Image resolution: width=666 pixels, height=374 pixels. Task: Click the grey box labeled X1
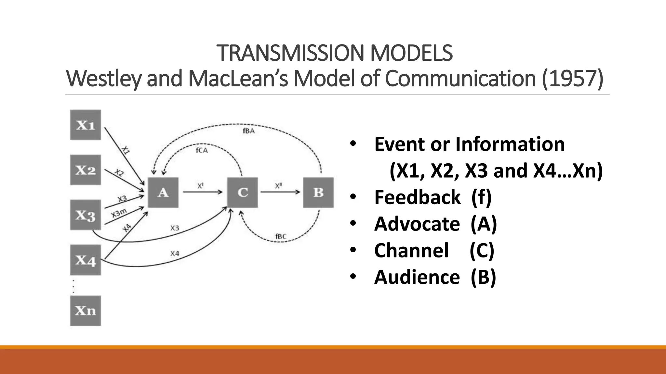click(x=86, y=125)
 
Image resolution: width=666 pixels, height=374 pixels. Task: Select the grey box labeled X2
click(x=86, y=170)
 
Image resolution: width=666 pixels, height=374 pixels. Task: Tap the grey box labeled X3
click(x=86, y=215)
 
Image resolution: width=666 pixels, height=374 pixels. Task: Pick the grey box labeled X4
click(x=86, y=260)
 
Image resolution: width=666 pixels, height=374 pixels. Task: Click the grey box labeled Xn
click(x=86, y=311)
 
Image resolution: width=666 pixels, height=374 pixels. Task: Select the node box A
click(x=163, y=192)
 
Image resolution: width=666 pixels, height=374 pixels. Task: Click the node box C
click(x=243, y=192)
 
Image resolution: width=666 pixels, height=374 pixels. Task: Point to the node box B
click(x=318, y=192)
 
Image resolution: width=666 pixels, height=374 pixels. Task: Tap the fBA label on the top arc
click(x=248, y=131)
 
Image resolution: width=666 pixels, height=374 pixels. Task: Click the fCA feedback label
click(x=202, y=150)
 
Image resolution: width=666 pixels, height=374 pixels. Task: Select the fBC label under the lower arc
click(x=281, y=236)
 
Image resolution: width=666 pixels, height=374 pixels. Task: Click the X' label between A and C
click(x=200, y=186)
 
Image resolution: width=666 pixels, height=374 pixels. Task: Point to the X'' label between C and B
click(x=279, y=186)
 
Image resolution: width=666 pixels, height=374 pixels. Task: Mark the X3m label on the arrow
click(x=119, y=213)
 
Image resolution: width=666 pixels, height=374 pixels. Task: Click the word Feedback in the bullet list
click(x=417, y=197)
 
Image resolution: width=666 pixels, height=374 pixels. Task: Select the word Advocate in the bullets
click(x=417, y=224)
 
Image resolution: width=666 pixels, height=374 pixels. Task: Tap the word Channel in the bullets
click(x=411, y=250)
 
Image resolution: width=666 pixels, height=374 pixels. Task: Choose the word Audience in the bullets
click(x=417, y=277)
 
